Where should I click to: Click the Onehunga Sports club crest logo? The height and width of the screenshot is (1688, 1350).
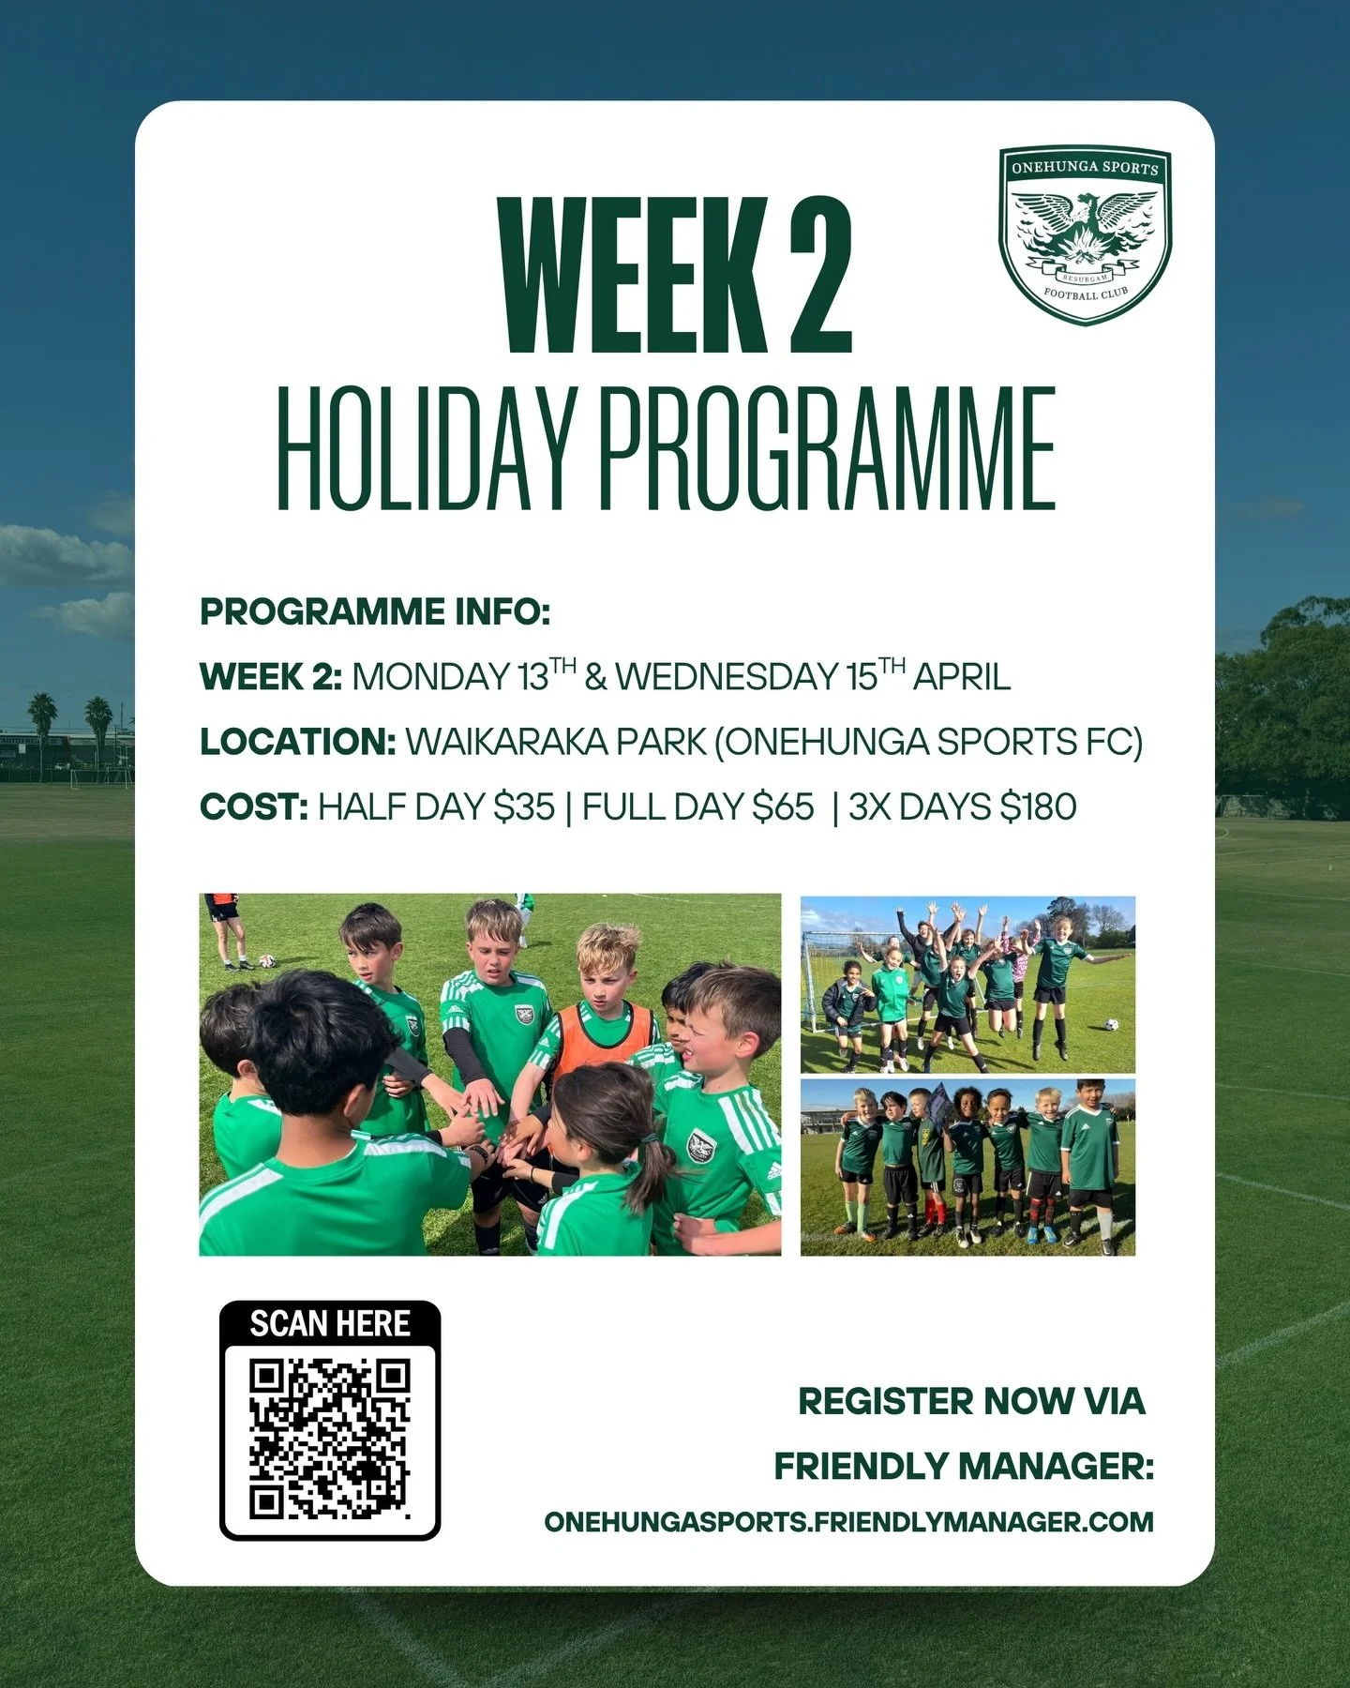pos(1085,236)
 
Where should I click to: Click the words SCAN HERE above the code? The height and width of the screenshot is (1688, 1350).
pos(330,1323)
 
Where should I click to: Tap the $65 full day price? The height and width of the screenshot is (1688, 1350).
pos(784,806)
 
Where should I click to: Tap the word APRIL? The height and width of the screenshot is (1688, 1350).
pos(962,677)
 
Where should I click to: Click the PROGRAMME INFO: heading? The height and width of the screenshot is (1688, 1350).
pos(374,612)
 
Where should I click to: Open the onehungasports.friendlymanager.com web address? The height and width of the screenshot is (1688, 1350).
pos(848,1521)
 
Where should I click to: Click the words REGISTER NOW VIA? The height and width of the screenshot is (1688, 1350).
pos(971,1401)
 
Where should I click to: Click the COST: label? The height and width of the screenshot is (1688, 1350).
pos(253,806)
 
